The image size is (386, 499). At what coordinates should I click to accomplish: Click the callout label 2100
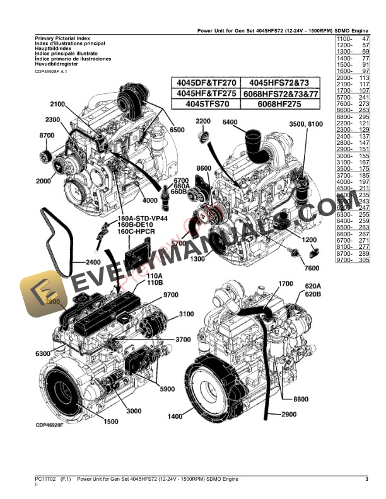pyautogui.click(x=57, y=104)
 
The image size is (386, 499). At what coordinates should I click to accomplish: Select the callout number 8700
pyautogui.click(x=47, y=136)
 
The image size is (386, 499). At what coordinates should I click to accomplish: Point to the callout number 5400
pyautogui.click(x=230, y=122)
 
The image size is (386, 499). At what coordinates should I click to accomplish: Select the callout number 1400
pyautogui.click(x=175, y=416)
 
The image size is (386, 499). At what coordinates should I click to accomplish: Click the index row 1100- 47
pyautogui.click(x=353, y=40)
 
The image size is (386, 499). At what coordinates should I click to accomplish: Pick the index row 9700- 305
pyautogui.click(x=353, y=260)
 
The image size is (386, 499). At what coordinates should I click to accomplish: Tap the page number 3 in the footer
pyautogui.click(x=366, y=479)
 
